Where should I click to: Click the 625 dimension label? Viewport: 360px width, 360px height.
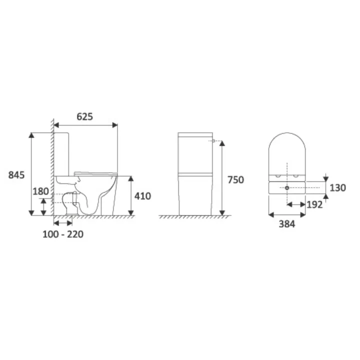84,116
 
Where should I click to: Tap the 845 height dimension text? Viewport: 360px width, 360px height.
16,175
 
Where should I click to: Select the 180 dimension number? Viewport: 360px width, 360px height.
40,191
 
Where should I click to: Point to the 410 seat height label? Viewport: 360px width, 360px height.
142,196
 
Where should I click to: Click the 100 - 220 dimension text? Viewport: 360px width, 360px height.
63,234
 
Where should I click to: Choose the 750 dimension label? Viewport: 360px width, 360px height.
236,180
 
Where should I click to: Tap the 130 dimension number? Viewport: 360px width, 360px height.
337,188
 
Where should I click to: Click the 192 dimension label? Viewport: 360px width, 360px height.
314,204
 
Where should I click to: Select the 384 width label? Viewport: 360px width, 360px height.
287,224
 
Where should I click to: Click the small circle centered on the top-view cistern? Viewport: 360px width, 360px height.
287,188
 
